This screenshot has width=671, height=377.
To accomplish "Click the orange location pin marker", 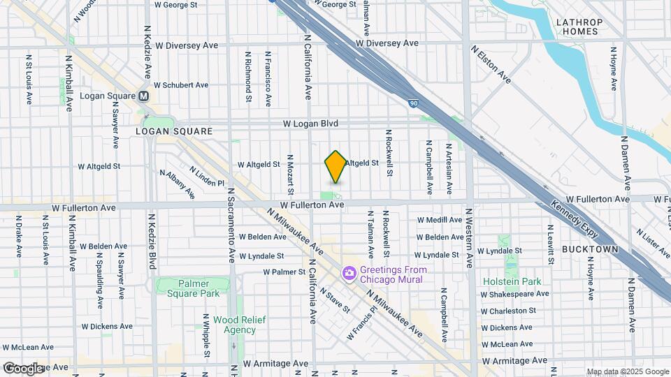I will [335, 166].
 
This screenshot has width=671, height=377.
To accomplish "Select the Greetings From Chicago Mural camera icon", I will [348, 272].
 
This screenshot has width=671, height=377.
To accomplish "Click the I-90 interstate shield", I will [414, 104].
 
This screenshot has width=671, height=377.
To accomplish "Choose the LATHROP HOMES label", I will [578, 27].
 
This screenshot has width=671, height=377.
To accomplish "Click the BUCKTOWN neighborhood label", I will [590, 249].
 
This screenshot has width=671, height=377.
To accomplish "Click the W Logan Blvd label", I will [310, 124].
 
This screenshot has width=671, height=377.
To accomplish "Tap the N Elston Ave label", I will [491, 64].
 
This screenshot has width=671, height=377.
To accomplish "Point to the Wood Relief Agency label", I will [235, 325].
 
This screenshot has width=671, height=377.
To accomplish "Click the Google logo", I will [22, 368].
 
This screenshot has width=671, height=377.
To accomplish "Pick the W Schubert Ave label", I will [181, 85].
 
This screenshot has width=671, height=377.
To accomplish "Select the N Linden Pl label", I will [207, 176].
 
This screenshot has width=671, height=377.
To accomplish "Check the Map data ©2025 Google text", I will [627, 371].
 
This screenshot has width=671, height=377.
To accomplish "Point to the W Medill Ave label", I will [440, 220].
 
